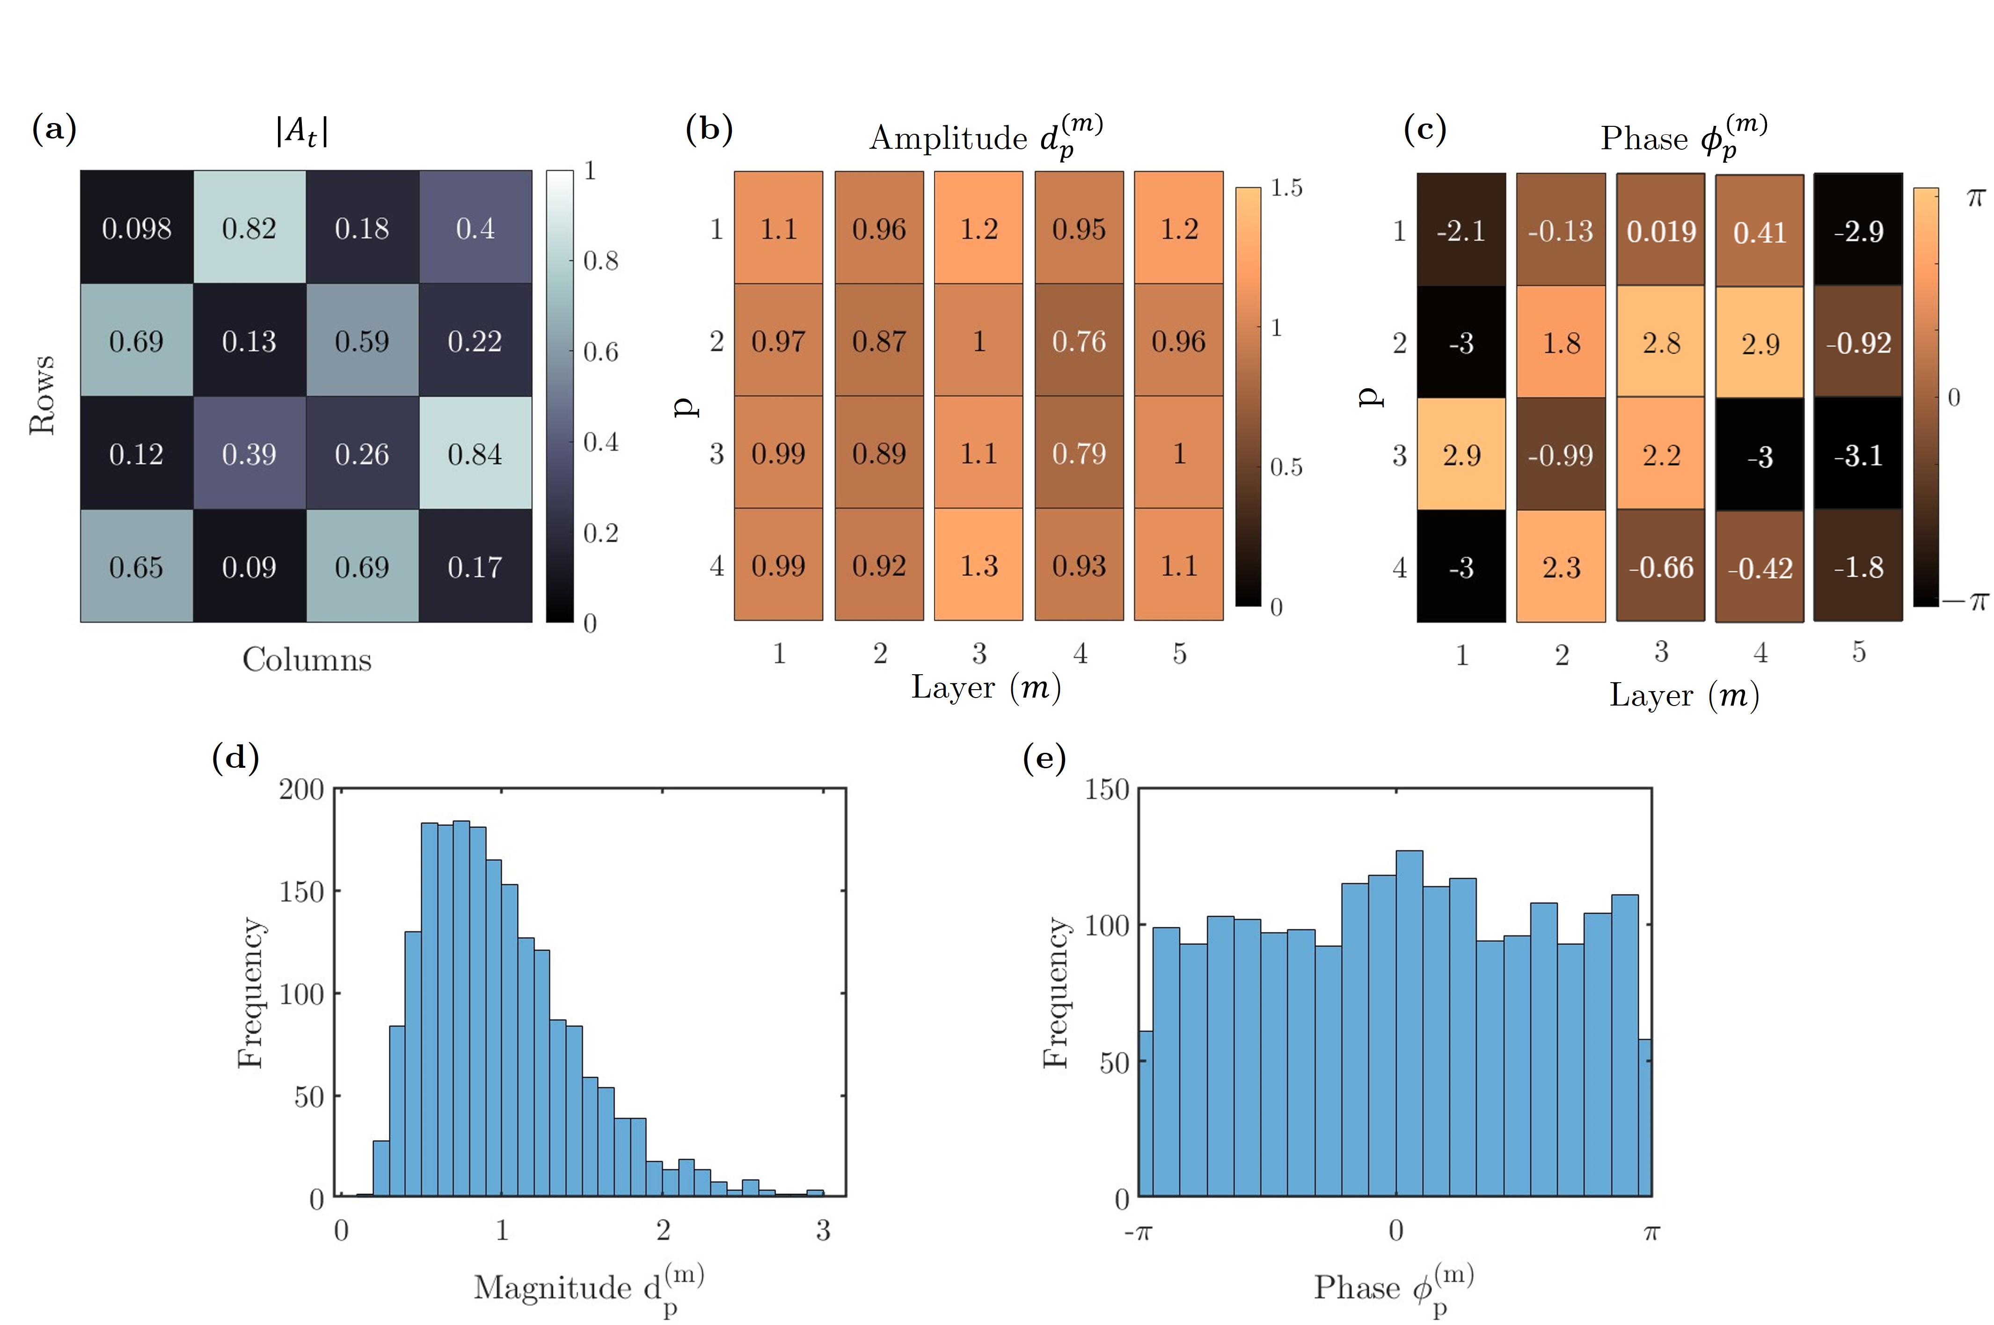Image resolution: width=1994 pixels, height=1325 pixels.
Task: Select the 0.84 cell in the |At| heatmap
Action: pyautogui.click(x=475, y=454)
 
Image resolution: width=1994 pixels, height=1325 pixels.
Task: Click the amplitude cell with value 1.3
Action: pyautogui.click(x=979, y=565)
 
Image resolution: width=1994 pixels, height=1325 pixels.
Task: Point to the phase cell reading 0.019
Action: pyautogui.click(x=1661, y=231)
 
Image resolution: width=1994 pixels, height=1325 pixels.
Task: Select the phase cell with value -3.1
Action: pyautogui.click(x=1858, y=456)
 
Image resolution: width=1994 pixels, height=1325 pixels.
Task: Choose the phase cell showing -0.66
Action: pyautogui.click(x=1661, y=567)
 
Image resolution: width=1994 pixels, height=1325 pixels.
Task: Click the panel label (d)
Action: pyautogui.click(x=235, y=757)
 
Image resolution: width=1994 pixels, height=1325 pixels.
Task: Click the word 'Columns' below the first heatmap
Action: pyautogui.click(x=307, y=659)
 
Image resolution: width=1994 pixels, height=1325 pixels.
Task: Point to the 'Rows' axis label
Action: pyautogui.click(x=42, y=395)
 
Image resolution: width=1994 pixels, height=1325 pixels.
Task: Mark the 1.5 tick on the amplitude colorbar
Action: pyautogui.click(x=1286, y=188)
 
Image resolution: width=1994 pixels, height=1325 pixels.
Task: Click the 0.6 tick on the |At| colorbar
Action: pyautogui.click(x=600, y=351)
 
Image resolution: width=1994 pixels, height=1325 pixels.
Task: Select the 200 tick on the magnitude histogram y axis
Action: pyautogui.click(x=302, y=789)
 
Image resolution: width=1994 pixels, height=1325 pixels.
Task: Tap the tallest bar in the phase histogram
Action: pyautogui.click(x=1409, y=1022)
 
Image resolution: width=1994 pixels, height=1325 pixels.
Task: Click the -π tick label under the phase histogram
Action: pyautogui.click(x=1138, y=1232)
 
